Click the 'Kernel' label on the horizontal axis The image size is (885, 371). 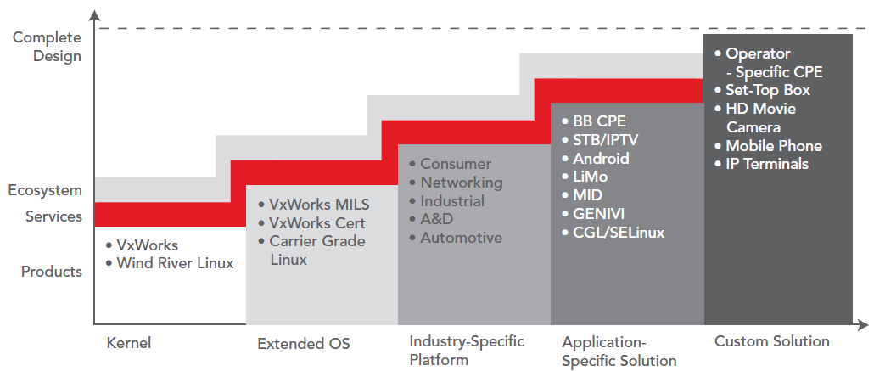[x=129, y=343]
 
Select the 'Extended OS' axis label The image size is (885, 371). [x=304, y=343]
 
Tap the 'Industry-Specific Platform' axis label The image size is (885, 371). [x=467, y=350]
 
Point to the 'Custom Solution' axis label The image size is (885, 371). [x=771, y=341]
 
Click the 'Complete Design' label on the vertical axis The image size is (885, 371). [x=48, y=47]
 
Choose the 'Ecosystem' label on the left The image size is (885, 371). [x=45, y=190]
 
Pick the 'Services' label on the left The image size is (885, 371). [x=53, y=216]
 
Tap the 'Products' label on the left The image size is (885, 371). [x=52, y=271]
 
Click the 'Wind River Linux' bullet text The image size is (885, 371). [x=175, y=263]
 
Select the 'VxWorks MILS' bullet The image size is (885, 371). [x=319, y=205]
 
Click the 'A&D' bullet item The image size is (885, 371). [x=436, y=219]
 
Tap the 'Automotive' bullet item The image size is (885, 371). [x=461, y=238]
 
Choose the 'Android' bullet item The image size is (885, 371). [x=601, y=158]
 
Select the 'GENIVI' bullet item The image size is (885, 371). [x=598, y=213]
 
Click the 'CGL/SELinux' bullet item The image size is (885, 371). [x=619, y=232]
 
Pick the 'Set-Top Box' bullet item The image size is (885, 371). [x=768, y=90]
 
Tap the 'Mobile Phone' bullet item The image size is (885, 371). [x=774, y=146]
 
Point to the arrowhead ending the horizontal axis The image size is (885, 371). [x=862, y=324]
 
